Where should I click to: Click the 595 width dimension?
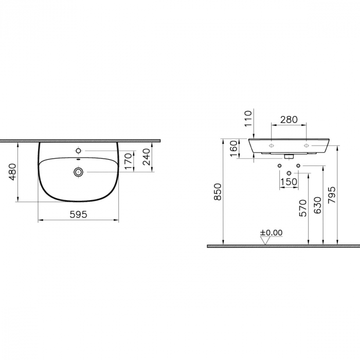click(79, 213)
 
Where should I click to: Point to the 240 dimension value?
click(146, 157)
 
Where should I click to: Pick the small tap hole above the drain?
click(79, 151)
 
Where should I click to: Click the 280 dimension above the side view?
click(289, 119)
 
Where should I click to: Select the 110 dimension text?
click(248, 119)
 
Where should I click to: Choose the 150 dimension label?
click(289, 182)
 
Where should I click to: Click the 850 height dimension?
click(218, 191)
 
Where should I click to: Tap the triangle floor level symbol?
click(265, 240)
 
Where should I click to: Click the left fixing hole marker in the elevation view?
click(271, 146)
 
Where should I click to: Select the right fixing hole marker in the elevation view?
click(307, 146)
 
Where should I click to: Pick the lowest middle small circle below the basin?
click(289, 172)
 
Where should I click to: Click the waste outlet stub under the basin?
click(289, 154)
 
